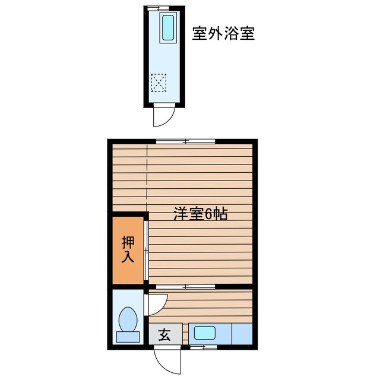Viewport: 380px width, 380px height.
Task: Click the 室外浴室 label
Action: [224, 33]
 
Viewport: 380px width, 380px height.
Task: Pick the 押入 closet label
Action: [128, 249]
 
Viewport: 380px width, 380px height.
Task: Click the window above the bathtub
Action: [159, 8]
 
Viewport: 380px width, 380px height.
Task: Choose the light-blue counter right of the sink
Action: [242, 333]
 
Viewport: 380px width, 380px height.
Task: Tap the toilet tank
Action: [127, 337]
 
